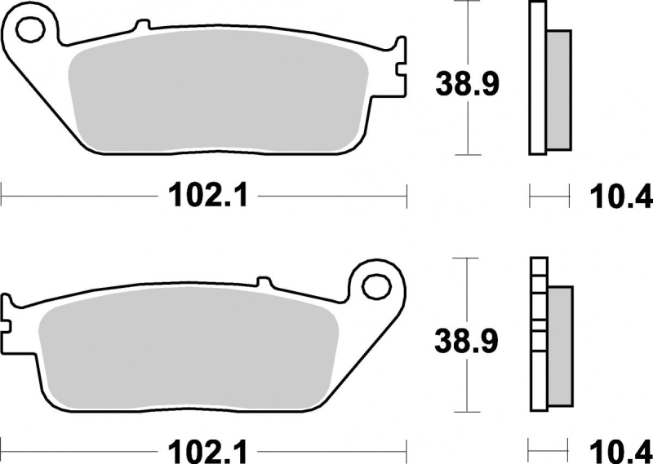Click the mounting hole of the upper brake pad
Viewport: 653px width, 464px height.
coord(30,29)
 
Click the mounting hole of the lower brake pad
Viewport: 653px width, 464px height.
coord(376,286)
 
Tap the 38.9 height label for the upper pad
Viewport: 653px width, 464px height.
coord(467,84)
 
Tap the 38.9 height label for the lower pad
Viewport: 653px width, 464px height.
coord(466,341)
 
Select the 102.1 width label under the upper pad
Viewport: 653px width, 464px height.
coord(208,195)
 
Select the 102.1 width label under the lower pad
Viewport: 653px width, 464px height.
coord(208,451)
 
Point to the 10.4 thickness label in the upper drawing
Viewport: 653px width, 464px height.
coord(621,197)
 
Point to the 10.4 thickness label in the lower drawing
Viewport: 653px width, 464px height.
coord(621,452)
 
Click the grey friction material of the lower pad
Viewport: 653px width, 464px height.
coord(189,349)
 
